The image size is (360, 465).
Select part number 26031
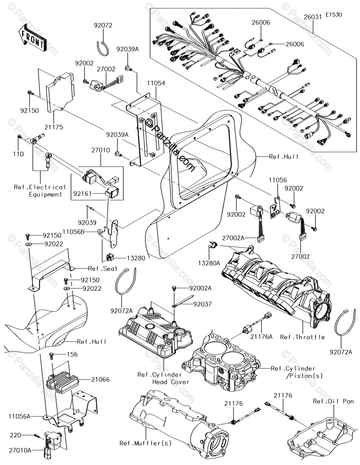(313, 17)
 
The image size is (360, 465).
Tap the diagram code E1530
(334, 15)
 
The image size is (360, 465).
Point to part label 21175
(54, 127)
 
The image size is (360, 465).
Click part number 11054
(156, 83)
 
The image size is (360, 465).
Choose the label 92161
(82, 194)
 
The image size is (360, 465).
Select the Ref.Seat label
(103, 269)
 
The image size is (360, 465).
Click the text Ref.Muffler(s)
(146, 443)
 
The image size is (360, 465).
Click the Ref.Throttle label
(302, 337)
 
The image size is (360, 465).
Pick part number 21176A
(261, 337)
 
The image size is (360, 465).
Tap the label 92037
(202, 304)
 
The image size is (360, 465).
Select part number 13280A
(209, 263)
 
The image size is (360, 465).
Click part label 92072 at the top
(103, 25)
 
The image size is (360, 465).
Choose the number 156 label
(72, 354)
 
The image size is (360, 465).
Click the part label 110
(18, 154)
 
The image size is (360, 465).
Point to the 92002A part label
(200, 288)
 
